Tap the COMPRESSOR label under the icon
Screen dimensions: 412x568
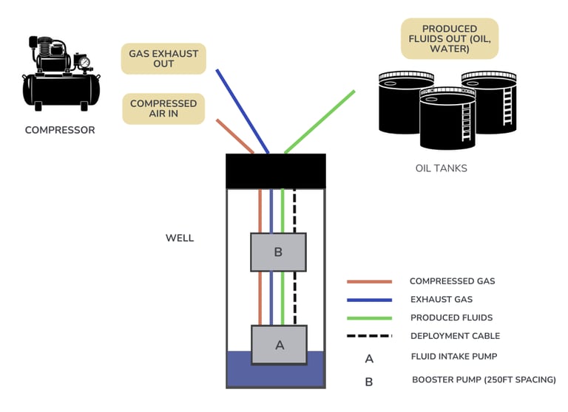click(x=60, y=131)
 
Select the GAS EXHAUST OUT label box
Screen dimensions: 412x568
click(x=163, y=58)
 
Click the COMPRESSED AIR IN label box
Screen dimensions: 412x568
click(x=163, y=109)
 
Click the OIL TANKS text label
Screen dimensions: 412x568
click(x=442, y=168)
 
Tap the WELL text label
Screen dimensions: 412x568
click(x=180, y=238)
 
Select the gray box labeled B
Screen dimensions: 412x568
click(x=278, y=252)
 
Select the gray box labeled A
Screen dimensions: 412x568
click(x=279, y=344)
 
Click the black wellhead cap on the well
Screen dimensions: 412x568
click(x=275, y=171)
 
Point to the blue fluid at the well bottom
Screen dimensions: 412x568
click(x=275, y=374)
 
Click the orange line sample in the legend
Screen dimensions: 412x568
click(x=369, y=281)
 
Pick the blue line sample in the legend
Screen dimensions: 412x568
click(x=369, y=300)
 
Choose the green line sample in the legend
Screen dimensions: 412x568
click(x=369, y=318)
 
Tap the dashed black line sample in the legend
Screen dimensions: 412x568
click(x=369, y=337)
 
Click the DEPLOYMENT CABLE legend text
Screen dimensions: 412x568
click(x=455, y=336)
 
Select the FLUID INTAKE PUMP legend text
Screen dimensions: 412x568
click(x=453, y=357)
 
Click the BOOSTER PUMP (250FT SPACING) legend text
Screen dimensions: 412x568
click(x=484, y=380)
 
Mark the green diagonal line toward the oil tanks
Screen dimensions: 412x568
click(x=319, y=122)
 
